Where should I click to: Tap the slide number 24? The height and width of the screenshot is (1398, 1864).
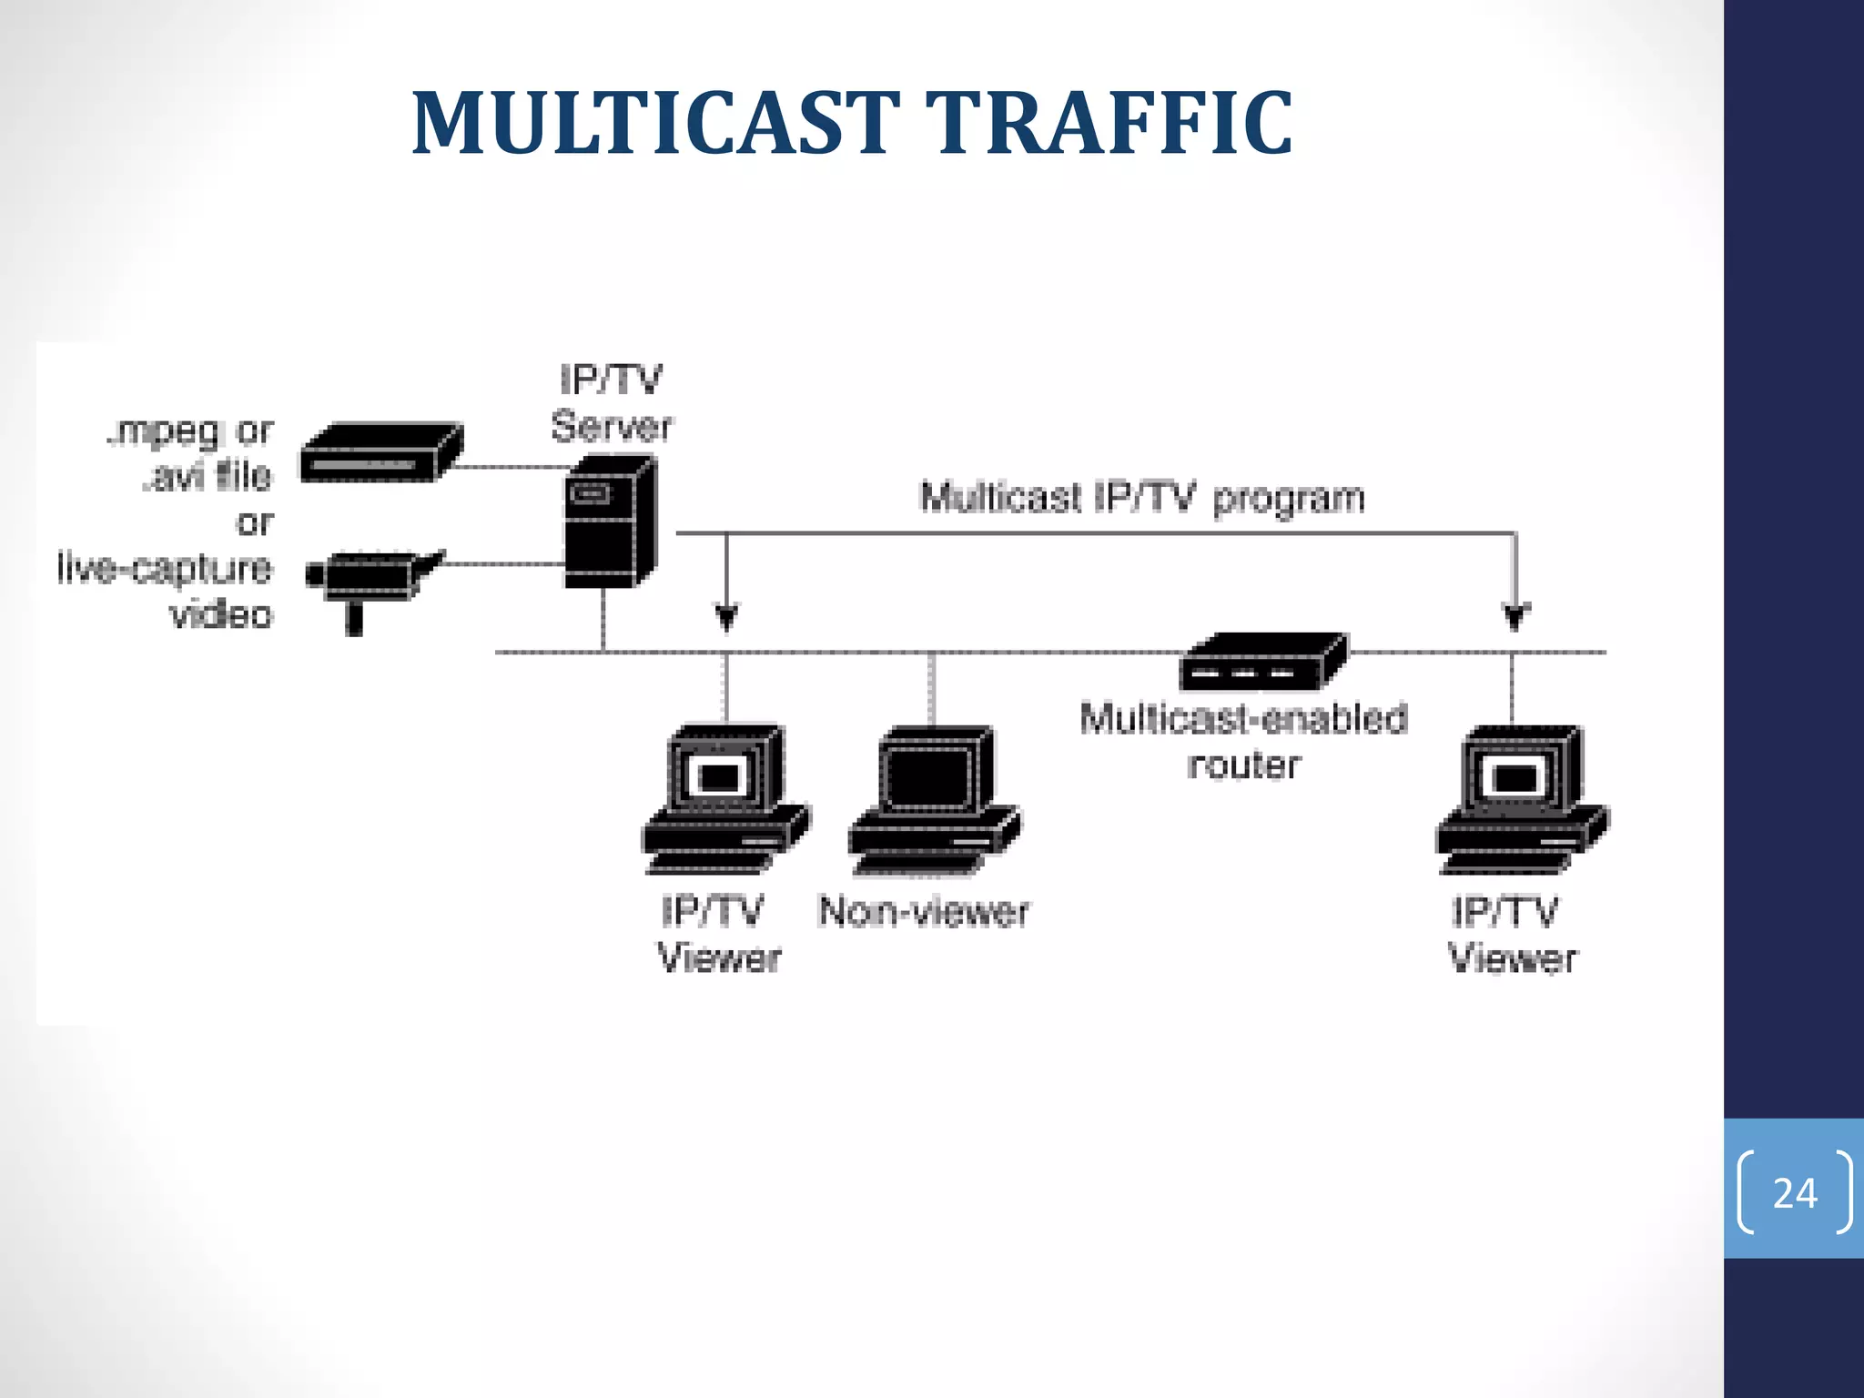click(1794, 1192)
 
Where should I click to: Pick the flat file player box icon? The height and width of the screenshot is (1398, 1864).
click(380, 452)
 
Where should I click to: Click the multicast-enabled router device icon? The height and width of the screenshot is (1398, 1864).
click(1263, 662)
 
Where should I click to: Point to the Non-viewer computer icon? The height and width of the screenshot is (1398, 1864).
click(934, 801)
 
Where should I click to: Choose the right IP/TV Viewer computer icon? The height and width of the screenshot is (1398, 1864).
click(1521, 799)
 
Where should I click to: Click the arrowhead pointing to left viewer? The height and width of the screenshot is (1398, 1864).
click(725, 618)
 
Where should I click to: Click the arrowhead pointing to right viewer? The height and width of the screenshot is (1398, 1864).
click(1514, 618)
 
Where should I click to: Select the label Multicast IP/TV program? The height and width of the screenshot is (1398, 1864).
click(1142, 499)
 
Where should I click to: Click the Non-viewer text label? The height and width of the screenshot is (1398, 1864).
click(923, 911)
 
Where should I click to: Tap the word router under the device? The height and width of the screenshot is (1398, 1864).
click(1243, 765)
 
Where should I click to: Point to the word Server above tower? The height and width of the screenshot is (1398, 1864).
click(611, 427)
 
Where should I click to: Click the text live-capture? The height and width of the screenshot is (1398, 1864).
click(165, 568)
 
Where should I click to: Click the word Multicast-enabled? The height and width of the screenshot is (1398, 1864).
click(1243, 718)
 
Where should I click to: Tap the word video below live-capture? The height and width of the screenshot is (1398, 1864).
click(221, 614)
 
